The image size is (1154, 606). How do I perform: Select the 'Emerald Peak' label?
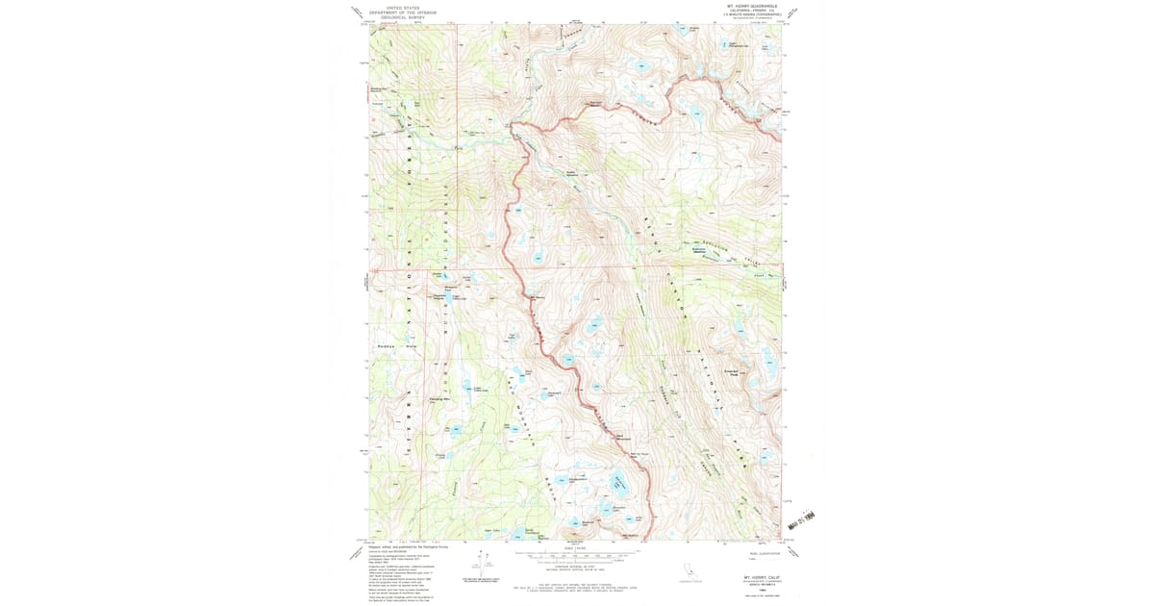730,372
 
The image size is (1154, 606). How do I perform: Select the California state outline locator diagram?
688,569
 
